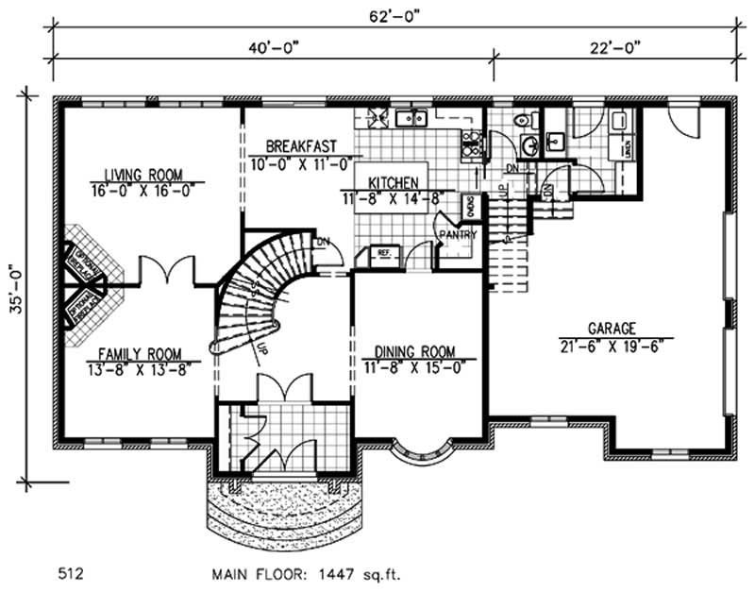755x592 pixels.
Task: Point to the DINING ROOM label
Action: click(x=412, y=351)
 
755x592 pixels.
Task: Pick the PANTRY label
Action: click(x=458, y=235)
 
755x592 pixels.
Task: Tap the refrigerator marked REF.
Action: click(x=385, y=254)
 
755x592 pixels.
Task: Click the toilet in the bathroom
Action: click(x=523, y=121)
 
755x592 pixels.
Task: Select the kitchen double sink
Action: click(x=411, y=118)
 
